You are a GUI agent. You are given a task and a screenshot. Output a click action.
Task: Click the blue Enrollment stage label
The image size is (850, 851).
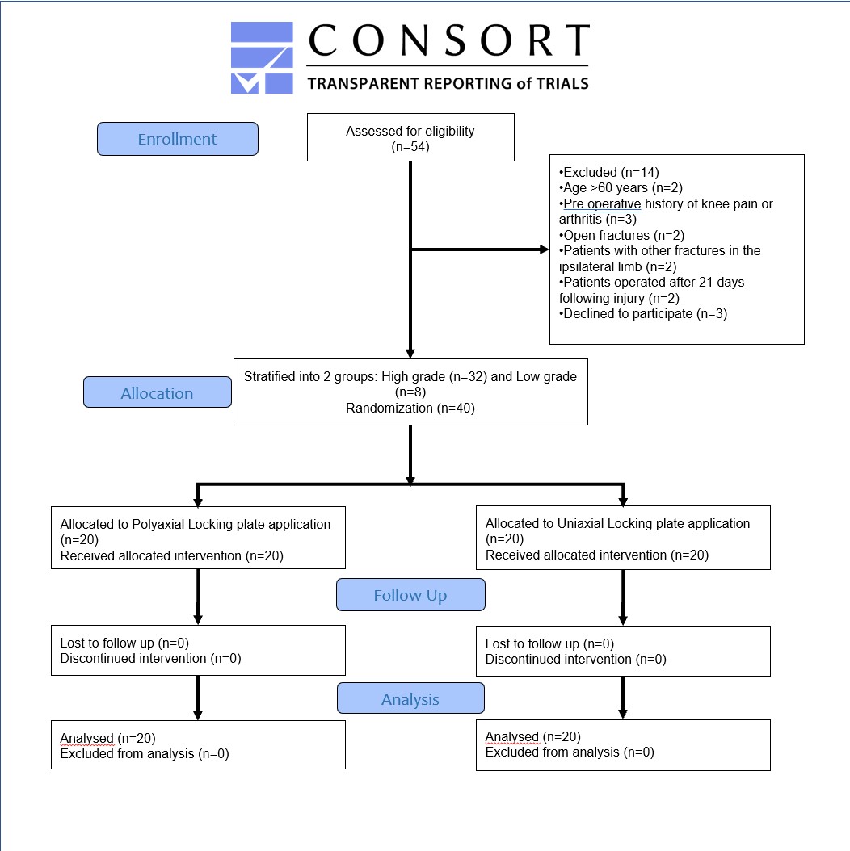pos(178,139)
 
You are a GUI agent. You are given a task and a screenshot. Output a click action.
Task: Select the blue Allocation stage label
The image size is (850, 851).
pos(158,392)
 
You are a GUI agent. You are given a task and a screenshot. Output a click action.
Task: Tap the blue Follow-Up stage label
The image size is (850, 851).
pos(410,595)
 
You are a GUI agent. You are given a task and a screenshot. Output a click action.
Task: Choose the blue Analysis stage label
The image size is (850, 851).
pos(410,698)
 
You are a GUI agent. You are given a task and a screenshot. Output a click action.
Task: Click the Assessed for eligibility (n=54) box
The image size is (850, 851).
pos(410,137)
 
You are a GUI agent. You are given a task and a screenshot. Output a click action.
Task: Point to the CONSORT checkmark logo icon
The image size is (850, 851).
pos(262,57)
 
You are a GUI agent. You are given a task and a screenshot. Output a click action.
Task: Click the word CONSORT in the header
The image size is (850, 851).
pos(449,40)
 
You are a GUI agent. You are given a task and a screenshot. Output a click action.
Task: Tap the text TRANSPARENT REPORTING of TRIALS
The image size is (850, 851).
pos(448,84)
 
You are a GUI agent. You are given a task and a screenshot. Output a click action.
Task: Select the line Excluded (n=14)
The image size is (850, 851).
pos(609,172)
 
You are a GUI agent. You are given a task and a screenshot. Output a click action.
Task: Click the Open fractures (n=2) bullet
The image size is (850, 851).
pos(622,235)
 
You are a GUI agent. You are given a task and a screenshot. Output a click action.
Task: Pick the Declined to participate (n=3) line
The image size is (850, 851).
pos(643,314)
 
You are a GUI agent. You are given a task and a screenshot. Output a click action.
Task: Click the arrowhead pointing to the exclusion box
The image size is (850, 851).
pos(545,249)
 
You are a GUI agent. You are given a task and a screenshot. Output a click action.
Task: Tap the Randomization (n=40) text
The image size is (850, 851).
pos(410,408)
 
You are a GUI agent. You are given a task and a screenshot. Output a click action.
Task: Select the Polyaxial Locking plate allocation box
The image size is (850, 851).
pos(198,538)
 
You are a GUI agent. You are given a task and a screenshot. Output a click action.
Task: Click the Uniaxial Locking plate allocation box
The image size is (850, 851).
pos(624,538)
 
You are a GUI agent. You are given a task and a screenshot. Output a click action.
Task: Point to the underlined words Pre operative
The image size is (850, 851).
pos(602,204)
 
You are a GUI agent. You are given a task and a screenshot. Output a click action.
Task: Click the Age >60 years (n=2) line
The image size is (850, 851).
pos(621,188)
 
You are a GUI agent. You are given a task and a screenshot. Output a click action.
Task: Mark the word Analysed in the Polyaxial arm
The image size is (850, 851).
pos(87,738)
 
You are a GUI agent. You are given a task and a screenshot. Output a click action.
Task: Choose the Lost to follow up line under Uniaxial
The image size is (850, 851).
pos(549,643)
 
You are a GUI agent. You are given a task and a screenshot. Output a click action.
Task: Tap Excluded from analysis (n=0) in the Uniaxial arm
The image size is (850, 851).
pos(570,752)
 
